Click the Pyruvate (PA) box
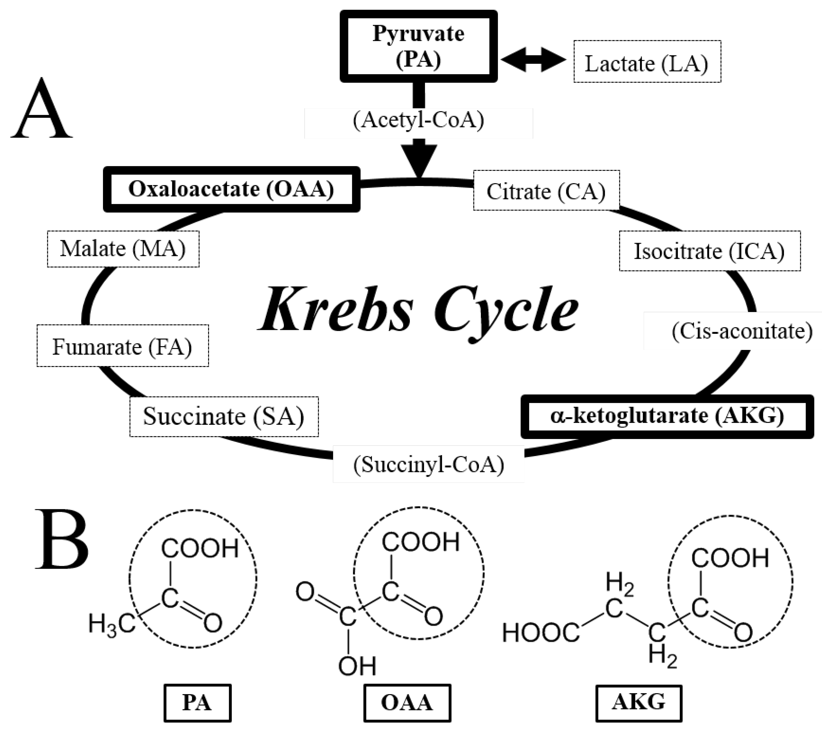[x=418, y=46]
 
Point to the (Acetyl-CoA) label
[x=418, y=120]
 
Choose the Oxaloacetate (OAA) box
[x=231, y=189]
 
